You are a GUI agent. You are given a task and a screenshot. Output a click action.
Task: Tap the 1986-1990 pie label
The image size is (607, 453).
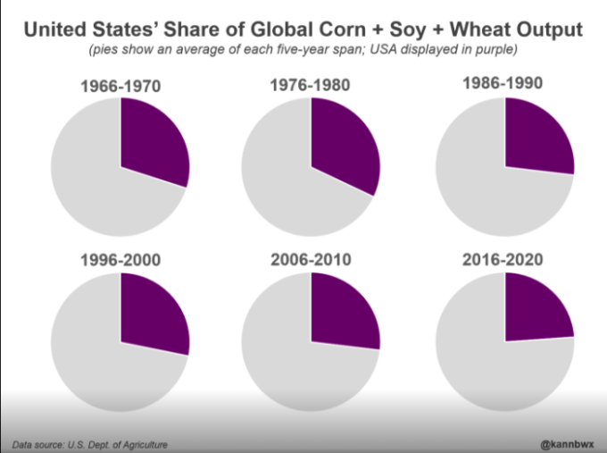point(504,84)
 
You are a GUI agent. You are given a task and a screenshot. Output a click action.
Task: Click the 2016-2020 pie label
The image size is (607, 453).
point(504,260)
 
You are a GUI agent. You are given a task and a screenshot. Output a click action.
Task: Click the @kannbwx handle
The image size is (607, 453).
point(568,441)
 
